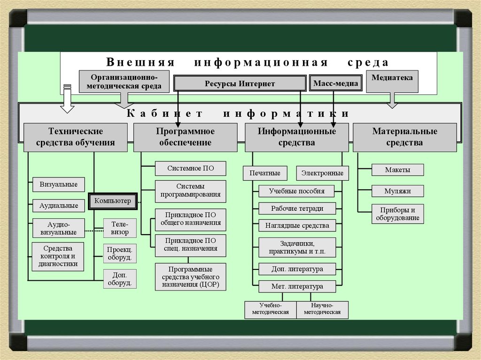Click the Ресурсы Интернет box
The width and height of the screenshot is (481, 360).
click(240, 84)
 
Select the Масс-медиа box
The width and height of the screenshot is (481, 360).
click(336, 84)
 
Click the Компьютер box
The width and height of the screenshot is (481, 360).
click(113, 201)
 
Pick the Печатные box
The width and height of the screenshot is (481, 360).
click(265, 173)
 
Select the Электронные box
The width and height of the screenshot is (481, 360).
click(322, 173)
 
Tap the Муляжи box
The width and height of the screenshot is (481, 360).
click(397, 191)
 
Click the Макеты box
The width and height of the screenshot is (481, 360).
click(397, 170)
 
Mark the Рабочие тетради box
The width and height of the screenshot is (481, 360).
click(297, 208)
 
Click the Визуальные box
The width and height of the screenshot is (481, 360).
click(59, 184)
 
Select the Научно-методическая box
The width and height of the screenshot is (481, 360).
click(322, 309)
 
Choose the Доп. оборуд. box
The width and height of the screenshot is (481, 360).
click(119, 278)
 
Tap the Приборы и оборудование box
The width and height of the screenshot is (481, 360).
click(397, 214)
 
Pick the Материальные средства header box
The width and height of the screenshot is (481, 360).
click(404, 137)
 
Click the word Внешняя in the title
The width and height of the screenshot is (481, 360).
click(140, 62)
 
